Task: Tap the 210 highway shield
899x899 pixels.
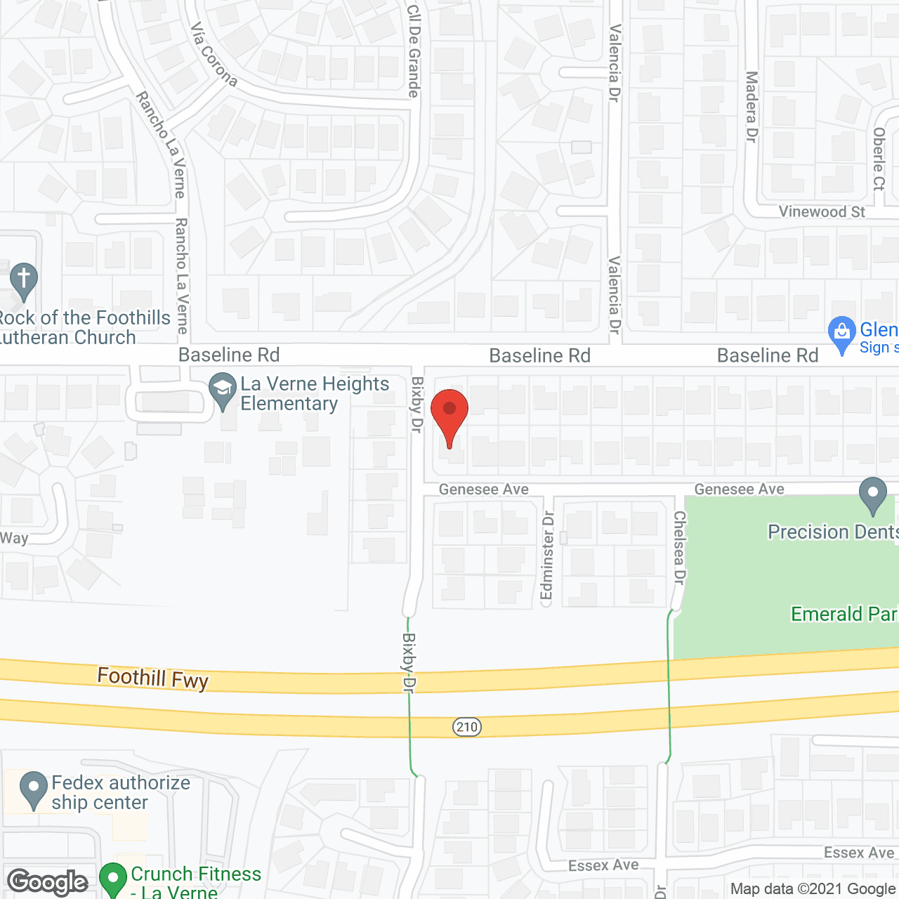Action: [x=467, y=727]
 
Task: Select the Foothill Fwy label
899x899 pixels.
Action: [x=153, y=678]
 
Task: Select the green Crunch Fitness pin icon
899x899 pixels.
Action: [x=112, y=879]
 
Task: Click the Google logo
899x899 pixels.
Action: [x=48, y=882]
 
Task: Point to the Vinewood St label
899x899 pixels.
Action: [x=822, y=212]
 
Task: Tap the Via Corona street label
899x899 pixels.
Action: [x=214, y=55]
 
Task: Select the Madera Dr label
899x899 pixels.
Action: [x=752, y=107]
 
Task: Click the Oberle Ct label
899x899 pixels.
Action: [x=879, y=159]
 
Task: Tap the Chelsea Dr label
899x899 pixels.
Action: [x=679, y=548]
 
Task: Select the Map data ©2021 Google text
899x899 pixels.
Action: [x=813, y=889]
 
